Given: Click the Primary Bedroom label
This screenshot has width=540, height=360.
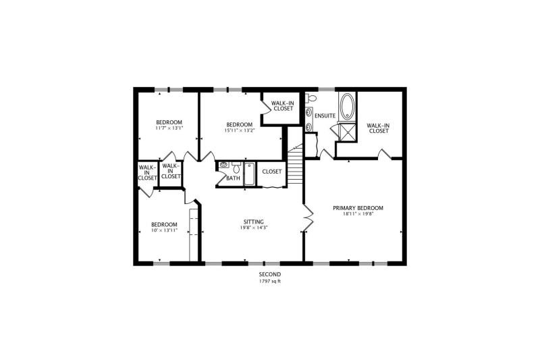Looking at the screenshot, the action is click(x=358, y=208).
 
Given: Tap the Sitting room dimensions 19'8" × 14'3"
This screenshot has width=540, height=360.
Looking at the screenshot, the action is click(x=254, y=228).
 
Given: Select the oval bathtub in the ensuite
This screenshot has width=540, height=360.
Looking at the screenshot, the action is click(x=347, y=107).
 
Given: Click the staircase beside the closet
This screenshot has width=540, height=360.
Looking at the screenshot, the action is click(x=295, y=164).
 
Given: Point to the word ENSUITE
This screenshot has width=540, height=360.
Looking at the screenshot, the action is click(x=325, y=115).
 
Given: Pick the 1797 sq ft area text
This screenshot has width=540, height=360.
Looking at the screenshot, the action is click(x=270, y=281).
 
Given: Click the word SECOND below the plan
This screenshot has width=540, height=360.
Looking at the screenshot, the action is click(x=270, y=275).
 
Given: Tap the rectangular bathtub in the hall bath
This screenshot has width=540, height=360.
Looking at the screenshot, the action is click(x=249, y=174).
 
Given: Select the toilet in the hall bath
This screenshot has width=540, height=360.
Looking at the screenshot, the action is click(x=236, y=168).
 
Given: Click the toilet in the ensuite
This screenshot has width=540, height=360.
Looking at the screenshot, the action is click(x=311, y=98).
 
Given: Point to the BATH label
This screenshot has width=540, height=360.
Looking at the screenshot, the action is click(x=233, y=178).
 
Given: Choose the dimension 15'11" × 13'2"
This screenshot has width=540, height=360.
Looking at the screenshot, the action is click(x=240, y=130).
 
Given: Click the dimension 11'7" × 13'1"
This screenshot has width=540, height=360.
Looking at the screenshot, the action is click(x=169, y=128).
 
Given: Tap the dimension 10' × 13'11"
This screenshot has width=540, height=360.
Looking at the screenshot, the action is click(x=164, y=230).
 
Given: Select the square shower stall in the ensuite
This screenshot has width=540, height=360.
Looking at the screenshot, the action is click(x=347, y=131).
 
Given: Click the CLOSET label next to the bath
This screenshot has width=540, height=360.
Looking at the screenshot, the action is click(x=272, y=171).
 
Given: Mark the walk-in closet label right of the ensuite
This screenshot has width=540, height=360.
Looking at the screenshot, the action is click(x=379, y=128).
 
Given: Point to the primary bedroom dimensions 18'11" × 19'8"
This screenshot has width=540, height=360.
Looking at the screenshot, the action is click(x=358, y=213).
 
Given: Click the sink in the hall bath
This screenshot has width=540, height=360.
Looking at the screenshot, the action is click(x=223, y=165).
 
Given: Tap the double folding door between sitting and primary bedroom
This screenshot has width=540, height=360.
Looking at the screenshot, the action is click(x=309, y=217).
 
